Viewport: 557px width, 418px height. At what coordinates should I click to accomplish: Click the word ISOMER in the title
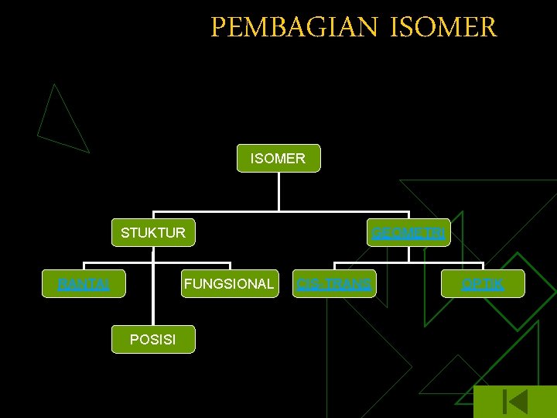[x=444, y=28]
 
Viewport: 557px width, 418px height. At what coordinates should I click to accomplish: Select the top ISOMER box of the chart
[x=278, y=159]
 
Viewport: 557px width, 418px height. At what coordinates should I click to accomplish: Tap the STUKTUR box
[x=153, y=232]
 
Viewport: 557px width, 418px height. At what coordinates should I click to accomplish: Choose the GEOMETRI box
[x=408, y=232]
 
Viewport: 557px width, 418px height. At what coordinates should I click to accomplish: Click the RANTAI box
[x=84, y=284]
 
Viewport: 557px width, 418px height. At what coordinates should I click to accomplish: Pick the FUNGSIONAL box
[x=228, y=284]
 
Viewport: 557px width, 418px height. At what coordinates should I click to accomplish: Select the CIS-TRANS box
[x=334, y=284]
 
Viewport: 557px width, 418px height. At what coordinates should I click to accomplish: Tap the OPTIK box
[x=483, y=284]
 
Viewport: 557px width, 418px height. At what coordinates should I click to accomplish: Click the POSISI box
[x=153, y=339]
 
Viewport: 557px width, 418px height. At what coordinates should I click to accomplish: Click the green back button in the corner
[x=514, y=402]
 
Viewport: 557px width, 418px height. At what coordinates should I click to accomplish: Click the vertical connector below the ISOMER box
[x=278, y=191]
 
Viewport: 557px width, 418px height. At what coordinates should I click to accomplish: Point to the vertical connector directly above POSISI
[x=153, y=310]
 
